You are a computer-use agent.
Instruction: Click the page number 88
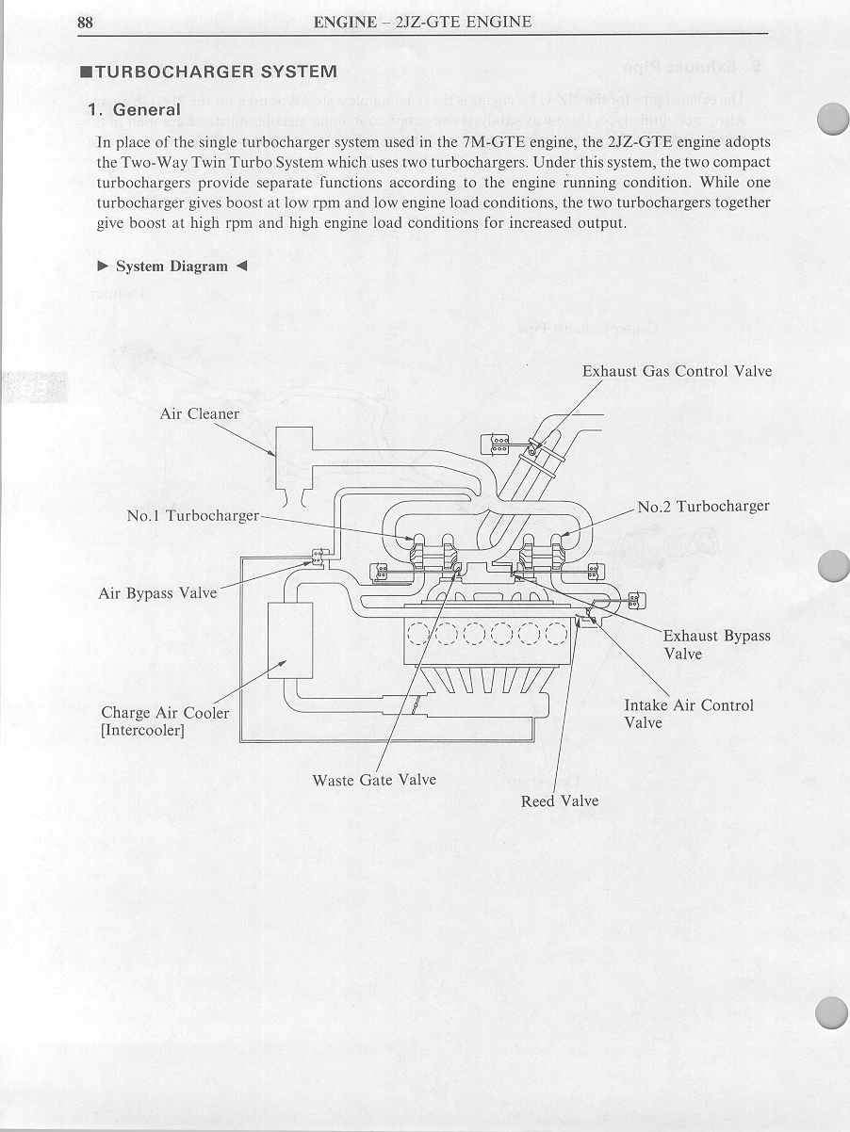point(85,22)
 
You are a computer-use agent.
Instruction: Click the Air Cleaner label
point(200,413)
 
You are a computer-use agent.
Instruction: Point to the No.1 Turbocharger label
point(192,516)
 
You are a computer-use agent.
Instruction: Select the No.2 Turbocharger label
point(703,507)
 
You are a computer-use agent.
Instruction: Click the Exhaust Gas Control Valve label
point(677,371)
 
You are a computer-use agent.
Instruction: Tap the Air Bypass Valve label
point(157,593)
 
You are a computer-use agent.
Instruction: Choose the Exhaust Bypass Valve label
point(716,644)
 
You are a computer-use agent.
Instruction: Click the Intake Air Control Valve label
point(688,714)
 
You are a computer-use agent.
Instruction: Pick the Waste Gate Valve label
point(374,780)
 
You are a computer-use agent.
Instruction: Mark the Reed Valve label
point(560,801)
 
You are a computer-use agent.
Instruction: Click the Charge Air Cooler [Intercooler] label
point(165,721)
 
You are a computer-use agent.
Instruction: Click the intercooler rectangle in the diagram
point(289,640)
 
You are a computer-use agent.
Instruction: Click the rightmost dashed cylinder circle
point(556,636)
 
